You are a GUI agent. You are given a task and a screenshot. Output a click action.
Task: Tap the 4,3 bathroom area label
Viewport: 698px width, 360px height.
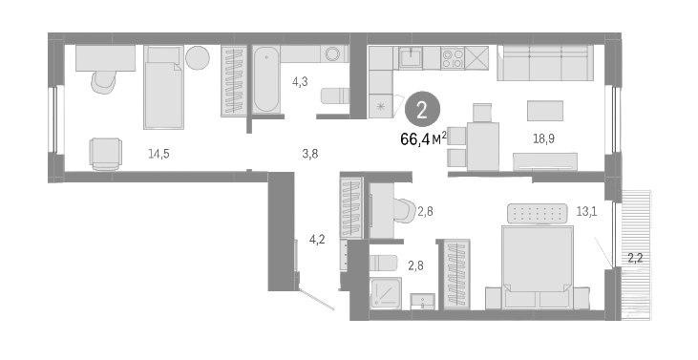point(298,81)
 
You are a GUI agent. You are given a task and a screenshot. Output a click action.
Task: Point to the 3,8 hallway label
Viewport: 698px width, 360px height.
point(309,153)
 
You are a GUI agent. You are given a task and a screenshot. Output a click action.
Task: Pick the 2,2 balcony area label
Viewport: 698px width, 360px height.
point(634,257)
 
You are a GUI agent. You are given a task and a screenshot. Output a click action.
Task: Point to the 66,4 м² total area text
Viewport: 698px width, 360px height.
point(425,139)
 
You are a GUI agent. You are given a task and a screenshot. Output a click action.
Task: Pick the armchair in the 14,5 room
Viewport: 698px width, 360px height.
point(105,153)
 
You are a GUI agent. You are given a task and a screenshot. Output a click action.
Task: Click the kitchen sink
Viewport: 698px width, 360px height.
point(412,57)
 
